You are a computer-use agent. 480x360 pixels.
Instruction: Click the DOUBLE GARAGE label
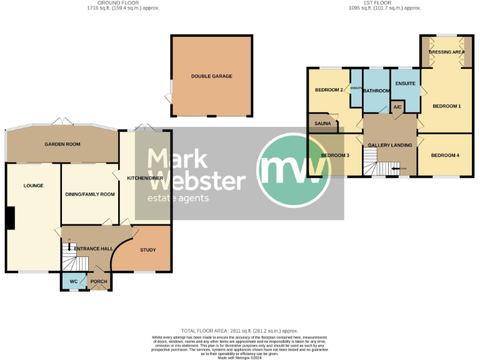[211, 76]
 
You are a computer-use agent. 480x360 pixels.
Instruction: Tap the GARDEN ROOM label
[62, 144]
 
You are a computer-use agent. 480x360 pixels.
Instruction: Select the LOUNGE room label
[33, 186]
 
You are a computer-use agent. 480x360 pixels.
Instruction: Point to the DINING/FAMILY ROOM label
[90, 194]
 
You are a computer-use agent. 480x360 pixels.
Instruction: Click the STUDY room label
[147, 250]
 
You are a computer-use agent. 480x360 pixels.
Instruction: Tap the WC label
[73, 282]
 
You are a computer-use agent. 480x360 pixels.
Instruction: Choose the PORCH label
[99, 282]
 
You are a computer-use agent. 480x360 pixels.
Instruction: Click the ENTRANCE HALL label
[93, 249]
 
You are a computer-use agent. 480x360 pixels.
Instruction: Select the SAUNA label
[322, 124]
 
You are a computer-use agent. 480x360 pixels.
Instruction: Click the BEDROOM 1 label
[446, 106]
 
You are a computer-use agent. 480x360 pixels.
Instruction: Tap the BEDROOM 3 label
[334, 155]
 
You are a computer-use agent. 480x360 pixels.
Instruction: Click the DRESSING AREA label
[446, 52]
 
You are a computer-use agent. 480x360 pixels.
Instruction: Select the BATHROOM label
[377, 91]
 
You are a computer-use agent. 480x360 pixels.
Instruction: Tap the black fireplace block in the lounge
[10, 218]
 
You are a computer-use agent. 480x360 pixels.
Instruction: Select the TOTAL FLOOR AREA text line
[239, 331]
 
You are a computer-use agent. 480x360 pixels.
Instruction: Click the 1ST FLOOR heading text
[385, 3]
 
